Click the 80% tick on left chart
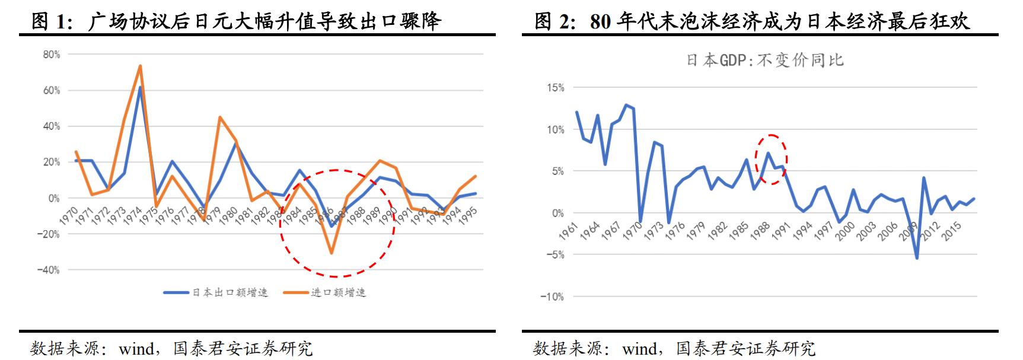pos(52,55)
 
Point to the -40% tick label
pos(48,270)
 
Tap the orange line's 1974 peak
pos(140,66)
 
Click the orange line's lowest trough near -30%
pos(331,253)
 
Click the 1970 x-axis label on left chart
pos(69,214)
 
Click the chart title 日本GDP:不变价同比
pos(764,60)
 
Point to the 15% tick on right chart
pos(555,88)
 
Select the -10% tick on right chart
pos(552,297)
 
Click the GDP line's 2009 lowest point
pos(917,258)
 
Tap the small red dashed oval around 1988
pos(770,158)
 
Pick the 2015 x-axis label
pos(951,231)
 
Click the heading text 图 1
pos(50,21)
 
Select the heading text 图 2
pos(553,21)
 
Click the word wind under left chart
pos(136,349)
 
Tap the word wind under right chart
pos(639,349)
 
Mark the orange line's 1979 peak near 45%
pos(219,117)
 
